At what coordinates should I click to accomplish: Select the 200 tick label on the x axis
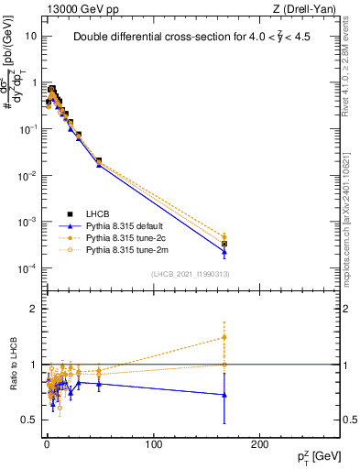tap(261, 444)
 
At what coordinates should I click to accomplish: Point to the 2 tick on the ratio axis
tap(32, 309)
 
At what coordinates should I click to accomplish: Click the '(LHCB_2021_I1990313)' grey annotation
tap(197, 275)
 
